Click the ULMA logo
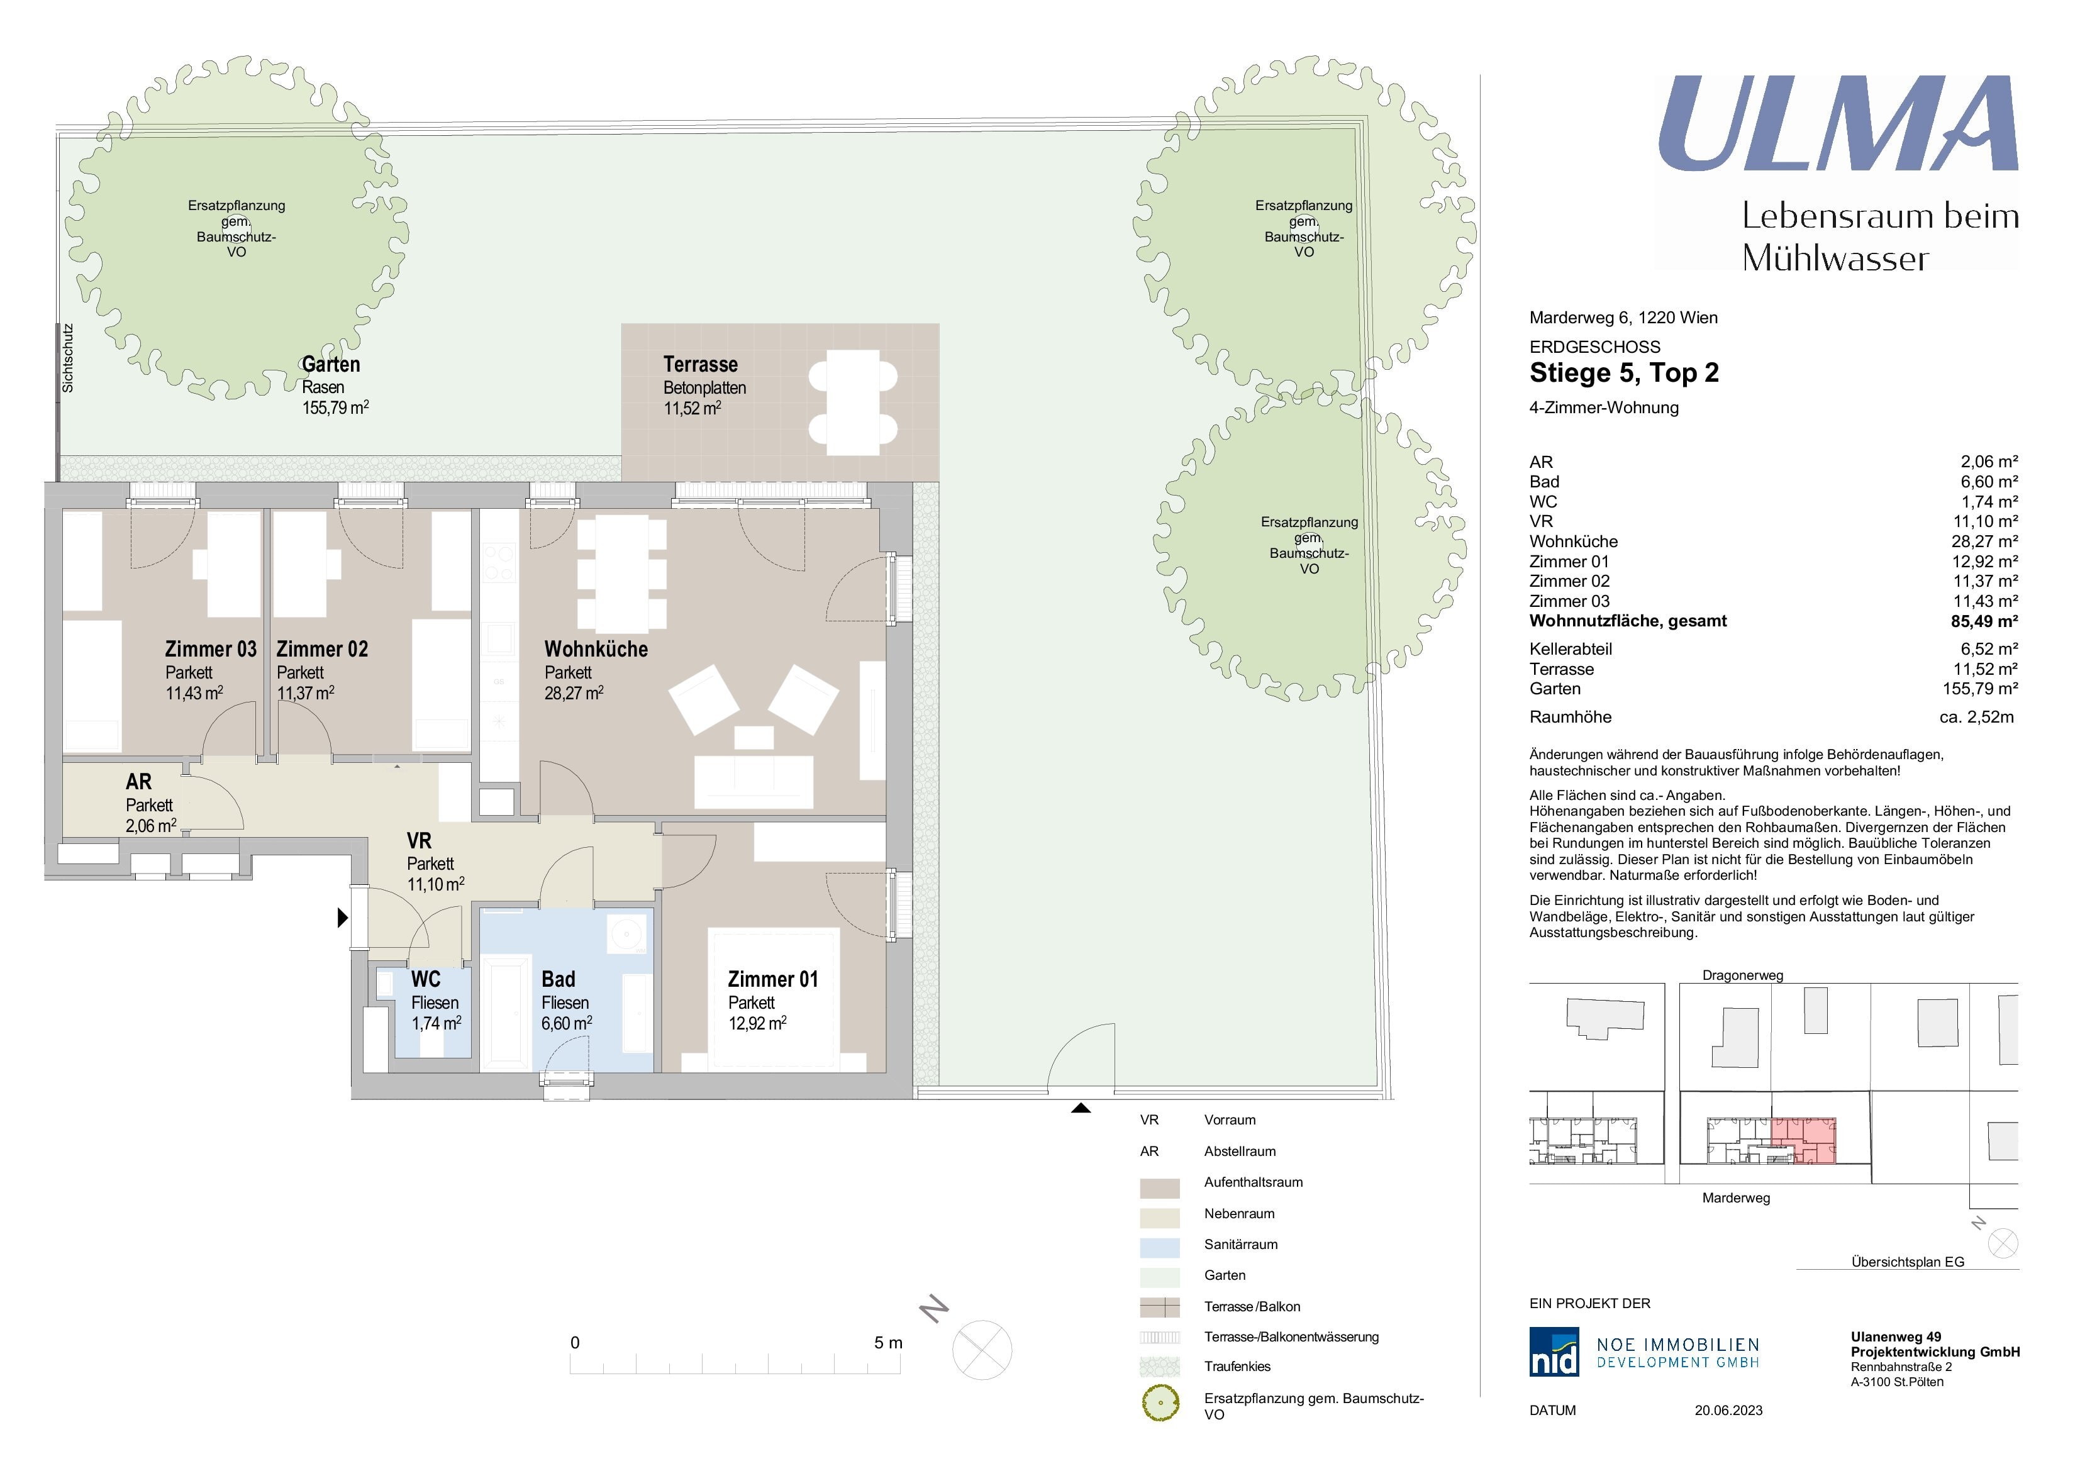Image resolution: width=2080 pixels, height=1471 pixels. point(1837,124)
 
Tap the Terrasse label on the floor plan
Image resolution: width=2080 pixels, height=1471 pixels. point(700,365)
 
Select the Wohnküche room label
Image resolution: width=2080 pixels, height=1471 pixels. point(596,650)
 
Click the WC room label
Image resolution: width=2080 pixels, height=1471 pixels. point(426,979)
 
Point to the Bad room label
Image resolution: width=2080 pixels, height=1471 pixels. point(558,979)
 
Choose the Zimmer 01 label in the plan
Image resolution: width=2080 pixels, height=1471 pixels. point(773,979)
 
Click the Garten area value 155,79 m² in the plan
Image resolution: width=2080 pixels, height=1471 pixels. point(335,408)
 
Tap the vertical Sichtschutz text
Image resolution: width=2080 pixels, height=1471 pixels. point(68,358)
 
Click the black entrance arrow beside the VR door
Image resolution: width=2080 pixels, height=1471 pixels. point(342,918)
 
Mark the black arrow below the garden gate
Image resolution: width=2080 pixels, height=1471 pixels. point(1081,1107)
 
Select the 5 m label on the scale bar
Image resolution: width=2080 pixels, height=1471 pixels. point(888,1342)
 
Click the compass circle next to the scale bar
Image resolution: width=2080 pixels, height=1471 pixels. point(982,1350)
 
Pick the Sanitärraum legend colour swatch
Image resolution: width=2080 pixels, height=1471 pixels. point(1160,1247)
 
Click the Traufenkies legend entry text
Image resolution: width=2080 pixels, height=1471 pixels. point(1237,1366)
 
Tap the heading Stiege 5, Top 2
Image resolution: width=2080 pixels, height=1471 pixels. point(1623,373)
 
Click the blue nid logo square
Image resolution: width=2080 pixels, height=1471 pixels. point(1554,1352)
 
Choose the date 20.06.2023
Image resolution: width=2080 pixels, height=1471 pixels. point(1728,1411)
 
